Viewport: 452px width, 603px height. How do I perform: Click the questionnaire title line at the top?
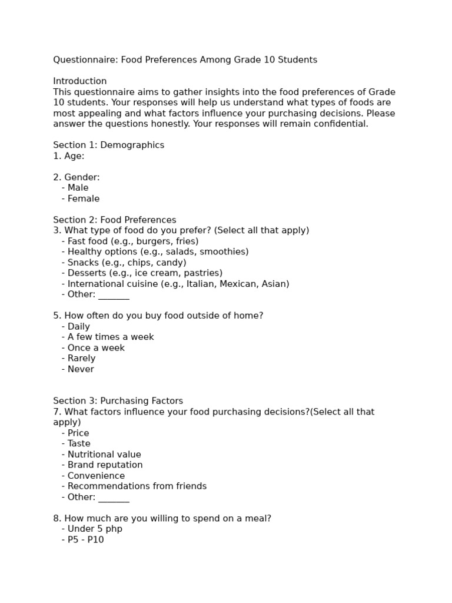coord(185,60)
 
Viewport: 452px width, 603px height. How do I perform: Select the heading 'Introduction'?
coord(80,81)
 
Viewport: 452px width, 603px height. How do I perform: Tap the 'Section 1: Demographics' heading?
coord(108,145)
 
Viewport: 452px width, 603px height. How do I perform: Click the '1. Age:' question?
coord(69,156)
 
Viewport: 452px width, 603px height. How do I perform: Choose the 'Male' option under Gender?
coord(78,188)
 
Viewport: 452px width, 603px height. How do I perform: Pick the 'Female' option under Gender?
coord(83,198)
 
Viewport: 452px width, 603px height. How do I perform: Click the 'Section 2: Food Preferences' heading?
coord(114,220)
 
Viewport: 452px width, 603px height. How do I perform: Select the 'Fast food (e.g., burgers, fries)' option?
coord(132,241)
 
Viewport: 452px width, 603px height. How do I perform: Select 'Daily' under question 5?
coord(78,327)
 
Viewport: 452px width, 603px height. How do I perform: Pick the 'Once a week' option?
coord(96,348)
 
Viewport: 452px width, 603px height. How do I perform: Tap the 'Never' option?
coord(81,369)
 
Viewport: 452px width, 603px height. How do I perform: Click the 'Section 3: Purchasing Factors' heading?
coord(118,401)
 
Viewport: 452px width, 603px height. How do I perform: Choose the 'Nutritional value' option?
coord(104,455)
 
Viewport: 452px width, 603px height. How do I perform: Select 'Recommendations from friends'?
coord(137,486)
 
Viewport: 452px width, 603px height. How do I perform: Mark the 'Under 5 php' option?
coord(95,529)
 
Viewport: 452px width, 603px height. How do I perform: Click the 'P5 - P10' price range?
coord(85,539)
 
